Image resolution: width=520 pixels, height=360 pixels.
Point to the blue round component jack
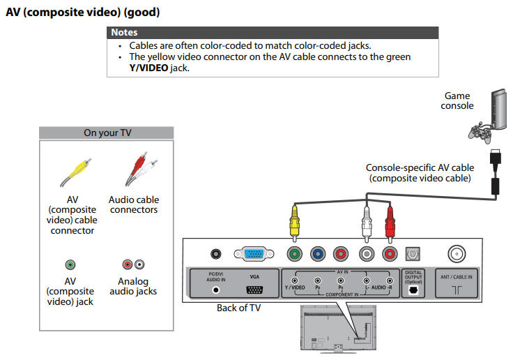(x=318, y=255)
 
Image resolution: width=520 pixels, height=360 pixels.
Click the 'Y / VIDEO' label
(x=295, y=287)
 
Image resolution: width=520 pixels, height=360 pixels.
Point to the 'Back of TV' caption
(x=238, y=308)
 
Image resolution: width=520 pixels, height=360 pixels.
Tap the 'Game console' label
(x=457, y=100)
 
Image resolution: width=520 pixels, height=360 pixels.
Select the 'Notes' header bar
(x=273, y=32)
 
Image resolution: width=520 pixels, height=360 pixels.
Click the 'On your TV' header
(x=107, y=133)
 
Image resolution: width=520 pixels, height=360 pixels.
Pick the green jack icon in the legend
(x=70, y=264)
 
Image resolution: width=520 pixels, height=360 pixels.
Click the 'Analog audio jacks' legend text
(x=133, y=286)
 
